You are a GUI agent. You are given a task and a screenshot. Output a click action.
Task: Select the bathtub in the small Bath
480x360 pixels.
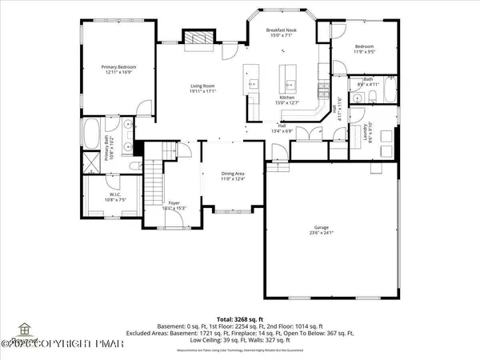pyautogui.click(x=389, y=90)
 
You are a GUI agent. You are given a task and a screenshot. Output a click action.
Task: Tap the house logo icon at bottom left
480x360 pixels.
pyautogui.click(x=24, y=329)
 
